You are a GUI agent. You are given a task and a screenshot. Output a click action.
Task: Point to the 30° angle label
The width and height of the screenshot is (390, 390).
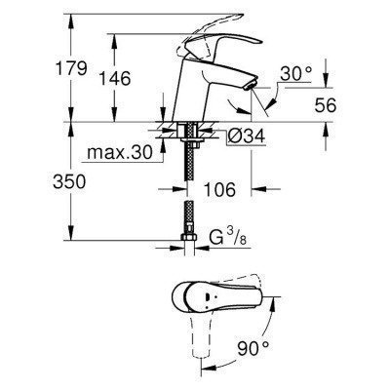(x=295, y=73)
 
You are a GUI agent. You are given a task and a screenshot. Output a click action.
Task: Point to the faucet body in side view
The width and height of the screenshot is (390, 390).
(x=195, y=93)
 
